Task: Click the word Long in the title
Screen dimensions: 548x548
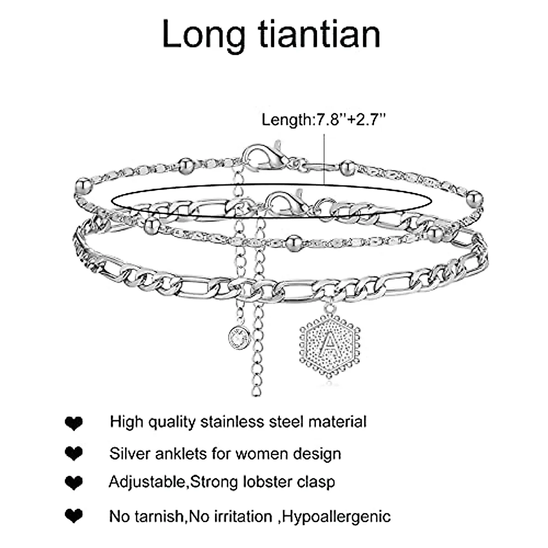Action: click(204, 35)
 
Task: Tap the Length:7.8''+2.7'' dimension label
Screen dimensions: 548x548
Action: click(324, 120)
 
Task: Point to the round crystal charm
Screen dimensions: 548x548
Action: click(239, 337)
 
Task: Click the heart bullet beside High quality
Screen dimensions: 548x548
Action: click(74, 423)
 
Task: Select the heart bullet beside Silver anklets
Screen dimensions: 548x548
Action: click(74, 454)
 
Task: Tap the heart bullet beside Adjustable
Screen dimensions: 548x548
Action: click(74, 483)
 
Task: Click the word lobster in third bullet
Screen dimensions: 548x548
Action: click(266, 482)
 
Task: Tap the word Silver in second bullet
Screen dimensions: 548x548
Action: click(130, 454)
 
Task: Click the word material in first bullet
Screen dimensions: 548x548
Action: click(337, 422)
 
